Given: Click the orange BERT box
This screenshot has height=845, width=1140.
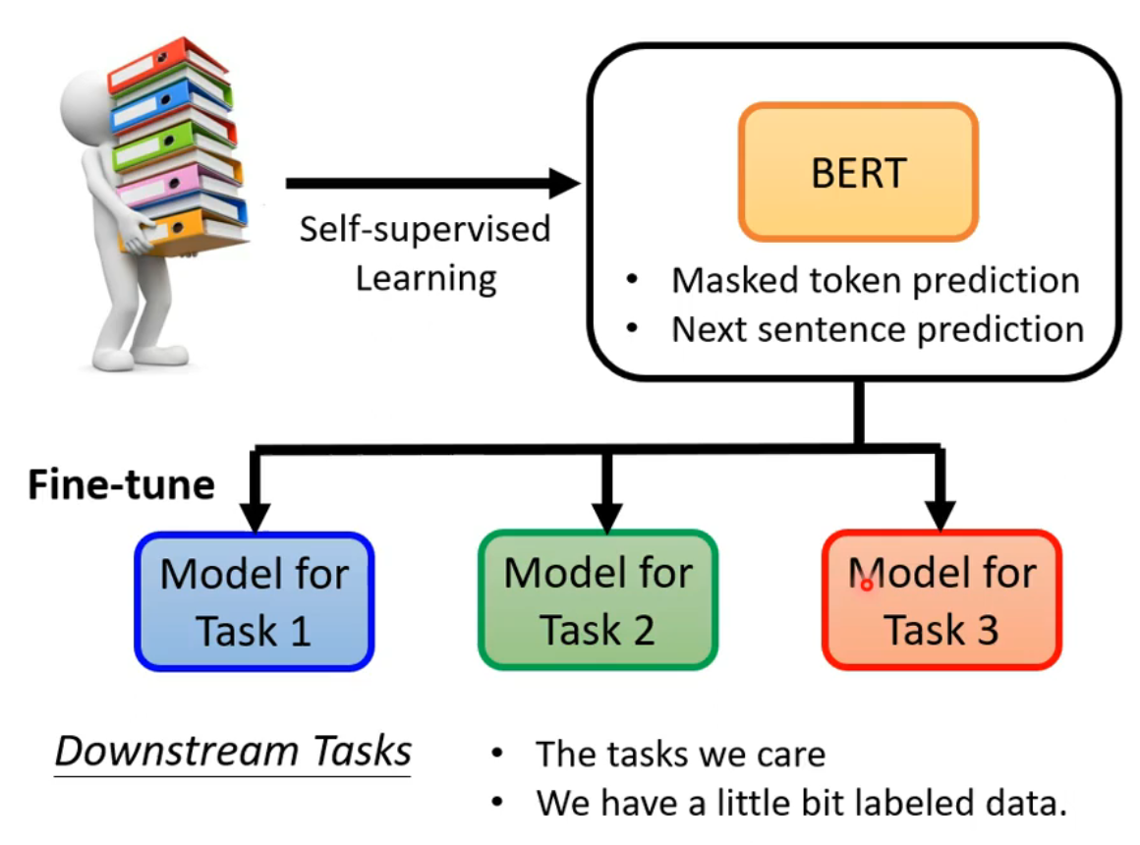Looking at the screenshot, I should [x=858, y=172].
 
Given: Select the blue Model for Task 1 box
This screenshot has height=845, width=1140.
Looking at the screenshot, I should [x=255, y=600].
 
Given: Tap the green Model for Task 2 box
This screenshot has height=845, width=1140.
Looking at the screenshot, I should [x=598, y=599].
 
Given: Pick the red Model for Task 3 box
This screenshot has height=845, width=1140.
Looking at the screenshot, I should [x=941, y=600].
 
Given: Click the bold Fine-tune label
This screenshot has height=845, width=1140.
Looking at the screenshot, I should [x=121, y=485].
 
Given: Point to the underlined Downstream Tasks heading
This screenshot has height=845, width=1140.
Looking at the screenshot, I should [x=233, y=752].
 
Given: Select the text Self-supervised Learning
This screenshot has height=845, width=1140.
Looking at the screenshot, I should [x=426, y=253].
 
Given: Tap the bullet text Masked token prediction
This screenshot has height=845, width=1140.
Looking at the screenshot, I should [x=875, y=281].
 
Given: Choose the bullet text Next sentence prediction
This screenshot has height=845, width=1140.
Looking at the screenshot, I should [x=878, y=330].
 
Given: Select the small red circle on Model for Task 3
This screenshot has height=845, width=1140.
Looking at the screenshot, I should [x=867, y=585].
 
